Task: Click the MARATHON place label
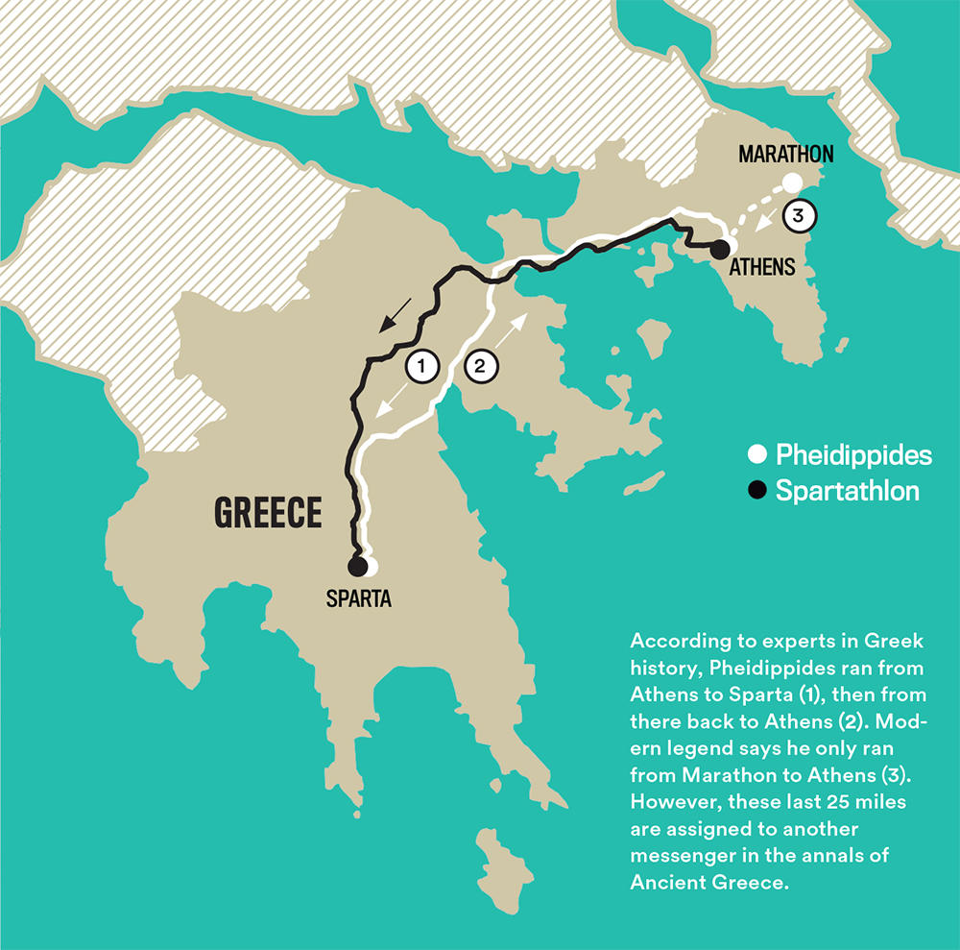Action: (x=785, y=154)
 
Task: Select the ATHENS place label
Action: (x=761, y=268)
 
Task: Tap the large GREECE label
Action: (x=267, y=513)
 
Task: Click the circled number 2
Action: (x=480, y=365)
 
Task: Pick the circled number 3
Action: (x=798, y=216)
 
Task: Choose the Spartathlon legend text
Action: (x=848, y=491)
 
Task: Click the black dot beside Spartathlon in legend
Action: (x=757, y=491)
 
